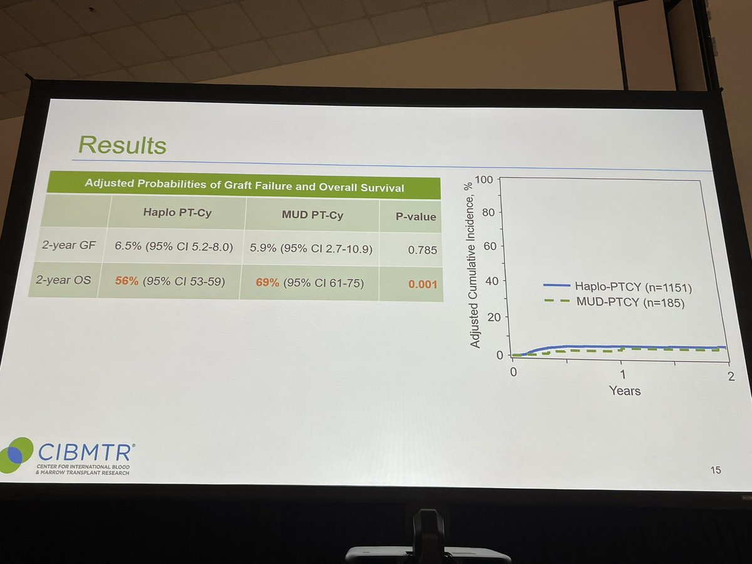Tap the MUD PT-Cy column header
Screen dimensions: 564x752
pos(312,216)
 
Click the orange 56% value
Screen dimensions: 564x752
pos(127,281)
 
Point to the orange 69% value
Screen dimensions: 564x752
pos(267,283)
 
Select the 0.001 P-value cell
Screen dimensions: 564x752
pos(422,285)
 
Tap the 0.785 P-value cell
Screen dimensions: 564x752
pos(422,250)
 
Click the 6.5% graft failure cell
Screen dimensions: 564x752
pos(174,248)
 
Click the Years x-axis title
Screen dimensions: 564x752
pos(625,390)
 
